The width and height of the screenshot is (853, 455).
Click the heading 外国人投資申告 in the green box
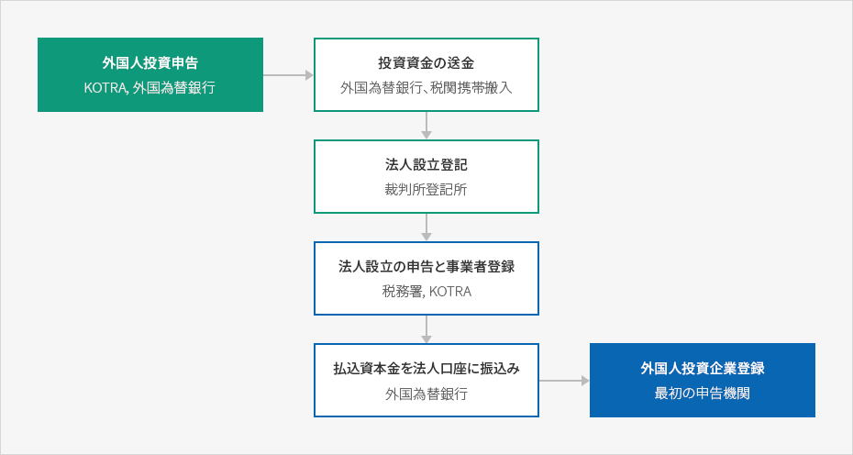pos(150,62)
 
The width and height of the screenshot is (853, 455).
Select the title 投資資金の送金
pos(426,62)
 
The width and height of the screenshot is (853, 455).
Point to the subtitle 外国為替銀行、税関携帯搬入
pos(426,88)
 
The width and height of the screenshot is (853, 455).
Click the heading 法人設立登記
pos(426,164)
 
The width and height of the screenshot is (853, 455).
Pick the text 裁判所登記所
pos(426,189)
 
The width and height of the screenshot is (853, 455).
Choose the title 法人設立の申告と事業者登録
pos(426,266)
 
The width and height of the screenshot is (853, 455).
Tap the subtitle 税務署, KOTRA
pos(426,291)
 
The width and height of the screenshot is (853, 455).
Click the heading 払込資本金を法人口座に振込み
pos(426,369)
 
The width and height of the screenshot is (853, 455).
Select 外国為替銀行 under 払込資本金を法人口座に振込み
pos(426,394)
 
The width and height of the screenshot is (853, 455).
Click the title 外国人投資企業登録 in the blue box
pos(703,368)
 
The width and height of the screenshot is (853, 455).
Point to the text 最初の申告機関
pos(703,393)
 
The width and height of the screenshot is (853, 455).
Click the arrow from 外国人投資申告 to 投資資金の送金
pos(288,75)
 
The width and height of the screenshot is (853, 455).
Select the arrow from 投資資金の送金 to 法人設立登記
pos(426,126)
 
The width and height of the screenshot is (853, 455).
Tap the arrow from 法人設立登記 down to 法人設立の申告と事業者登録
pos(426,227)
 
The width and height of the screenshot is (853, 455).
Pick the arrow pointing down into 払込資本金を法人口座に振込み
pos(426,329)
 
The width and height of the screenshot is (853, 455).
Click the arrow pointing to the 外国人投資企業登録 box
pos(564,381)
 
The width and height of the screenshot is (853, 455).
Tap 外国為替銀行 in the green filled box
pos(174,88)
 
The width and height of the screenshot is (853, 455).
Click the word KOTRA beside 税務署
pos(450,291)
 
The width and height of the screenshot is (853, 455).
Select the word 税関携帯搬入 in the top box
pos(471,88)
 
